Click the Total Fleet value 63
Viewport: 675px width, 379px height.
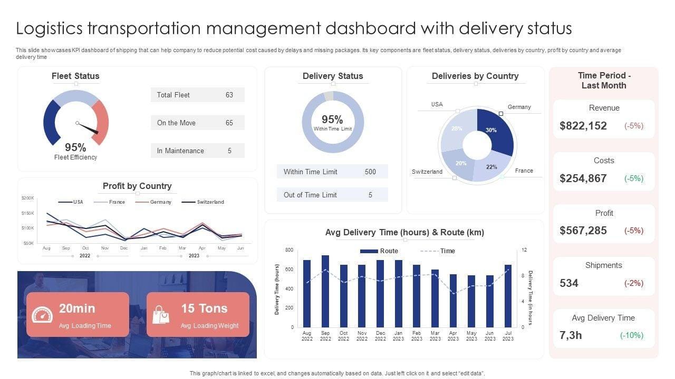click(229, 95)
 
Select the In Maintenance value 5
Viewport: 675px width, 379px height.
click(229, 151)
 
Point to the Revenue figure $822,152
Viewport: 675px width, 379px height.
click(583, 126)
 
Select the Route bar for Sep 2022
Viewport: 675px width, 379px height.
click(325, 291)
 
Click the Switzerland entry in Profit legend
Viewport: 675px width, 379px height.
click(210, 202)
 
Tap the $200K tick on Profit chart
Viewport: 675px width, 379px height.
click(28, 198)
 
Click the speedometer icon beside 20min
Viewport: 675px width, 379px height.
click(42, 315)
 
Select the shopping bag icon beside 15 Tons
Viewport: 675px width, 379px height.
click(161, 315)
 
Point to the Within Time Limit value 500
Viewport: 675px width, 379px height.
click(370, 172)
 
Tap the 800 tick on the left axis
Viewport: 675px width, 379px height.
click(289, 250)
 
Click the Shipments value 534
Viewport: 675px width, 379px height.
click(569, 283)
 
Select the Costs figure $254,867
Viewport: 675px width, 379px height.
click(583, 178)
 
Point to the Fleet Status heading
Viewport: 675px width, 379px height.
click(75, 76)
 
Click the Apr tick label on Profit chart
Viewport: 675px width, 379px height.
click(202, 248)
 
